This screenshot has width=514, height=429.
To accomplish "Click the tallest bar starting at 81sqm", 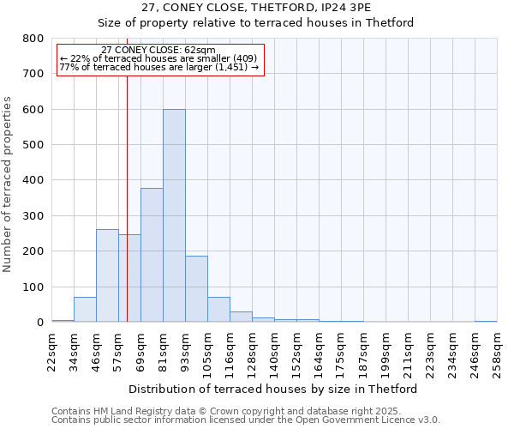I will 174,215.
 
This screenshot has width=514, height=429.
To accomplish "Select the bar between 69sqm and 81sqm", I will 152,255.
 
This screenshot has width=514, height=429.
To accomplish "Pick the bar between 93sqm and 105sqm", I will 196,289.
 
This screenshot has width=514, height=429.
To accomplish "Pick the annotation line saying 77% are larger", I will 159,67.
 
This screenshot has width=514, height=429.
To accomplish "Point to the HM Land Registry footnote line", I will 245,411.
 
